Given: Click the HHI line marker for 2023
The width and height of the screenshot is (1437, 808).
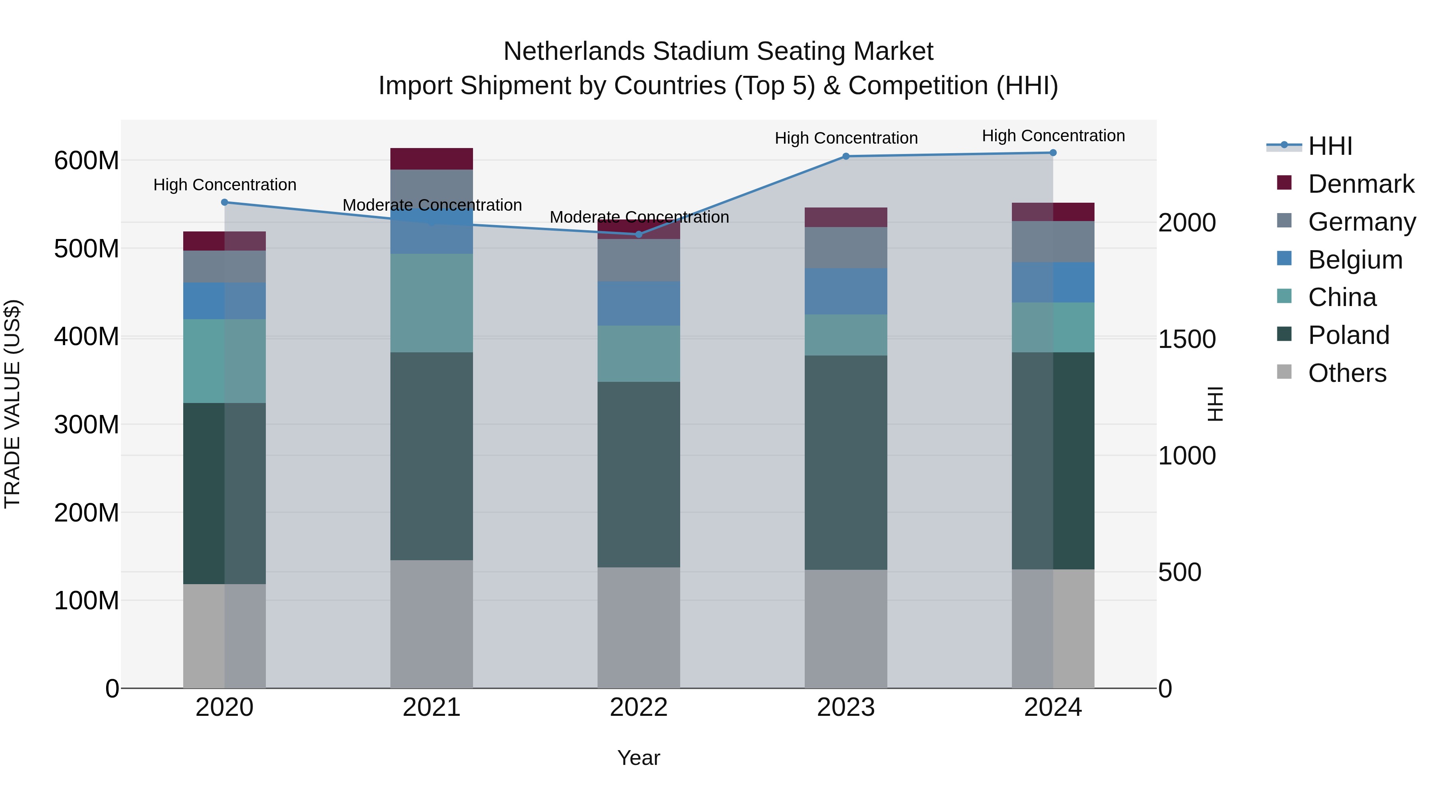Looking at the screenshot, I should coord(846,156).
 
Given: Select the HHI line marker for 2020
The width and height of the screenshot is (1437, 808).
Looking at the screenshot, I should coord(224,202).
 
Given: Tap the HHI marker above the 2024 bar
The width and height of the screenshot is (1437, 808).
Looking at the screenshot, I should coord(1053,153).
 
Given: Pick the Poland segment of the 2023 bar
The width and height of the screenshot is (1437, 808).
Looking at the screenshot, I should coord(846,462).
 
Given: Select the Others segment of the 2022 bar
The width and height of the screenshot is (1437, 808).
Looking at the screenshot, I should coord(639,627).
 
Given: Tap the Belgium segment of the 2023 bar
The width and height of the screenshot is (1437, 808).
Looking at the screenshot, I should coord(846,291).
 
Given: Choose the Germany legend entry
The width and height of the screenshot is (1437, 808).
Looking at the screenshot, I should coord(1361,222).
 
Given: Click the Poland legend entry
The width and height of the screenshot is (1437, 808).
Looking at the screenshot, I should coord(1348,335).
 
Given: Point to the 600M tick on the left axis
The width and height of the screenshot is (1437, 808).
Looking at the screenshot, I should coord(87,160).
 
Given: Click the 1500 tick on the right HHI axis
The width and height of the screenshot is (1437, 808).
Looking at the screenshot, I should coord(1187,339).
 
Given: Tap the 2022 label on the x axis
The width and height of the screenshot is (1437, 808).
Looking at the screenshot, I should coord(639,707).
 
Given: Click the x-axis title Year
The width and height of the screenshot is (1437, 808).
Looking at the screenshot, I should coord(639,758).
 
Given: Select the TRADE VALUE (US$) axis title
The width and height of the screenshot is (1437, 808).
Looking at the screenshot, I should coord(12,404).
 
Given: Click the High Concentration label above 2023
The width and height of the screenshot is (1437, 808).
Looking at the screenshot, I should coord(846,138).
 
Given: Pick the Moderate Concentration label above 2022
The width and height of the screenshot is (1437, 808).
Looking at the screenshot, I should coord(639,217).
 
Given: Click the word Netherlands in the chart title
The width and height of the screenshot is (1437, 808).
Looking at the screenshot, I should coord(574,51).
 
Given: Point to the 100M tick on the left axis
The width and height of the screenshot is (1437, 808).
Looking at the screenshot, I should coord(87,601).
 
